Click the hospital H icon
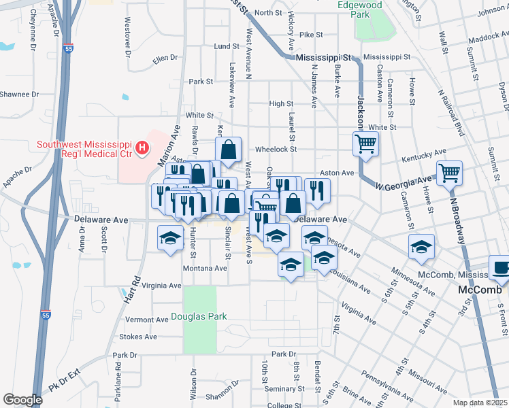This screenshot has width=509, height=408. click(142, 148)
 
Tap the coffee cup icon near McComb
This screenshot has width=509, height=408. click(501, 267)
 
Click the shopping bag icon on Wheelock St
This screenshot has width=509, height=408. click(229, 149)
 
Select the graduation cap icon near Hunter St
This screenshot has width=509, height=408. click(170, 237)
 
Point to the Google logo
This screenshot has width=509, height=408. click(22, 399)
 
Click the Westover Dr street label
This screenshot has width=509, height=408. click(127, 35)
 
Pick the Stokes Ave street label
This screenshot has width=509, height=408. click(138, 337)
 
